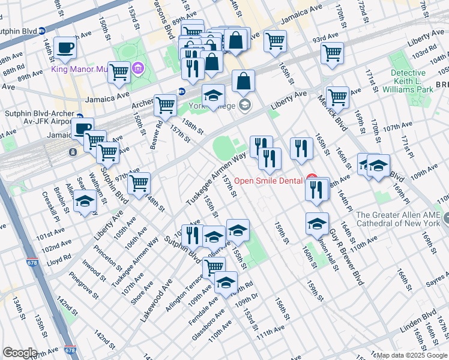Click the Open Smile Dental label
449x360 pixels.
pos(269,180)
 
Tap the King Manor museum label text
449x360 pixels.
pos(79,70)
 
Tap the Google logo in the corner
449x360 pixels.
pos(20,353)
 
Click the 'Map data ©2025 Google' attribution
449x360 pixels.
pos(412,355)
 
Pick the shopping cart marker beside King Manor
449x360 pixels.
pos(119,71)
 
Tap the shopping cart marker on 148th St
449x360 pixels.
pos(139,182)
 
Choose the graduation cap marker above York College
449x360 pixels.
pos(213,95)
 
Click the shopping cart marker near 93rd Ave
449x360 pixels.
pos(332,52)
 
